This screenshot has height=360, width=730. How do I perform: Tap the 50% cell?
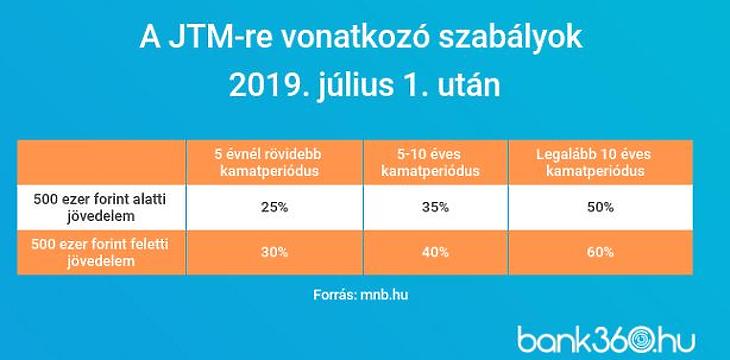coord(600,207)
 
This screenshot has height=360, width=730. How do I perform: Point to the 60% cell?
coord(600,253)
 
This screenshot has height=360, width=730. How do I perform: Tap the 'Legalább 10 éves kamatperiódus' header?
coord(600,162)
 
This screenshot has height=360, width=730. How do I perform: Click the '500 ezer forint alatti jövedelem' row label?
coord(100,207)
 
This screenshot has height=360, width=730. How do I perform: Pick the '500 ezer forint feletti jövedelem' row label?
coord(100,253)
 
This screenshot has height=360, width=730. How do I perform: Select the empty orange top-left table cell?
coord(100,162)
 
